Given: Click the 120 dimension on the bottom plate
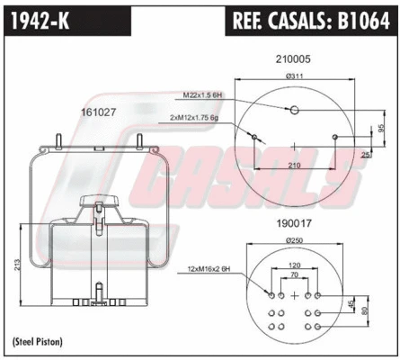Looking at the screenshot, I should tap(294, 267).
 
